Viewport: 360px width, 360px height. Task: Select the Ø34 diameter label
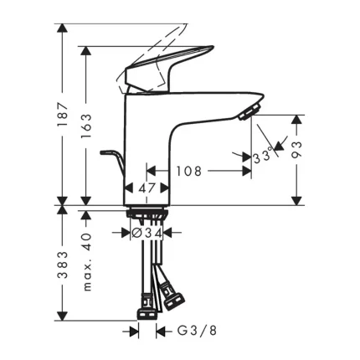tap(148, 234)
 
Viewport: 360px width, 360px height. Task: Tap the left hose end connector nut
tap(144, 308)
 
